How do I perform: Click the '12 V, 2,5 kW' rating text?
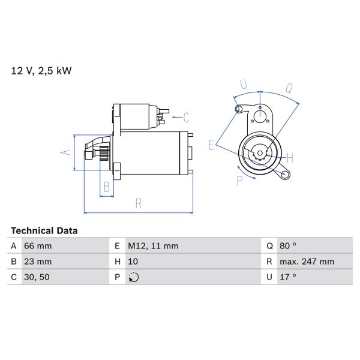click(x=41, y=71)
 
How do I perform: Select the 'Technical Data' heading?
click(x=44, y=230)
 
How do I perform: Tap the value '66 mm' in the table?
click(x=38, y=246)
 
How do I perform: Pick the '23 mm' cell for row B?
click(x=38, y=262)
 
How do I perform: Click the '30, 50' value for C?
click(x=37, y=277)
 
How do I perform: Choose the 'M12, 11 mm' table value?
click(x=152, y=246)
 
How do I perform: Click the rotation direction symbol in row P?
click(x=133, y=277)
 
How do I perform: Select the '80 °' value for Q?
click(x=288, y=246)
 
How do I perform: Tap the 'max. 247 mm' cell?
click(x=307, y=262)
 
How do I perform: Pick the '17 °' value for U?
click(x=287, y=277)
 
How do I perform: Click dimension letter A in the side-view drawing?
click(x=67, y=152)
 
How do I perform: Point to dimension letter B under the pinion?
click(x=106, y=187)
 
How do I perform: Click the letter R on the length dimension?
click(x=138, y=204)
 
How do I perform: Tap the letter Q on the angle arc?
click(x=289, y=88)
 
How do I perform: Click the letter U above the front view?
click(x=243, y=85)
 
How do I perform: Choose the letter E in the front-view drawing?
click(x=211, y=145)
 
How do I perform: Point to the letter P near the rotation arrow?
click(x=239, y=179)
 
